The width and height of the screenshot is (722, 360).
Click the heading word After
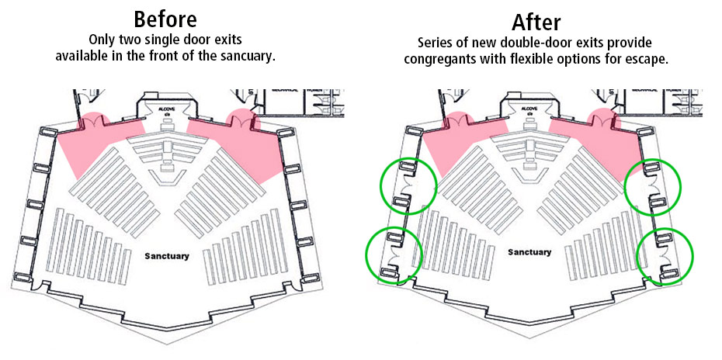tap(536, 21)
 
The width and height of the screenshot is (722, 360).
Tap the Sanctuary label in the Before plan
tap(167, 254)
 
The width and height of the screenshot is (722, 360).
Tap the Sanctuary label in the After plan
tap(529, 252)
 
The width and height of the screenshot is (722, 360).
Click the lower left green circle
tap(394, 254)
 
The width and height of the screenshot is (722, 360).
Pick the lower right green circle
tap(665, 254)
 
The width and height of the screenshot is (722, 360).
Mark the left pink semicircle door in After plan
tap(457, 120)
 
